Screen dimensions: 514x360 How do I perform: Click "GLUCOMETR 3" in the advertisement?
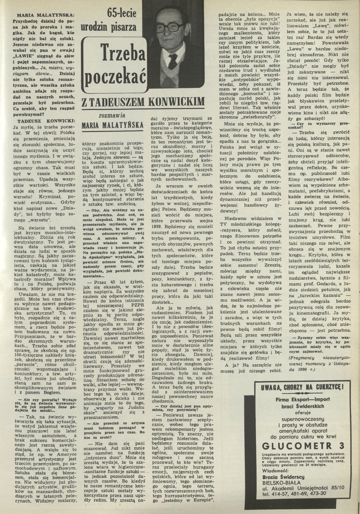(303, 444)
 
